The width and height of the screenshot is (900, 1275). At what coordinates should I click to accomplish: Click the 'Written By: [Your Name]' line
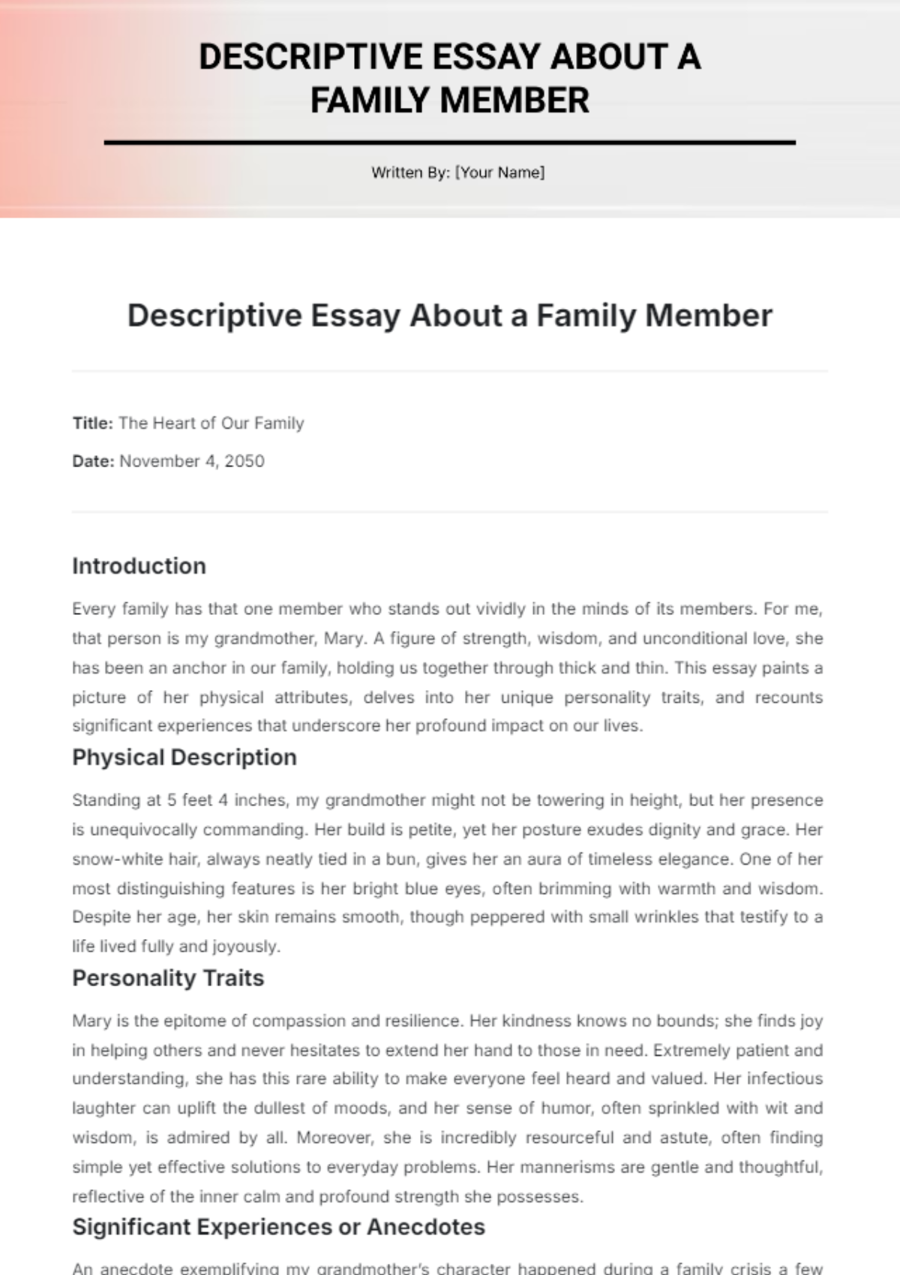pos(457,172)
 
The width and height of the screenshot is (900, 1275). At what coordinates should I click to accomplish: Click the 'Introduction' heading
pos(139,566)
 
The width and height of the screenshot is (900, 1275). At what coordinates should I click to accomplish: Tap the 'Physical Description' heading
pos(184,757)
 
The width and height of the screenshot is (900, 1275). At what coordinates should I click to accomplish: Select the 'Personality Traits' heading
pos(168,978)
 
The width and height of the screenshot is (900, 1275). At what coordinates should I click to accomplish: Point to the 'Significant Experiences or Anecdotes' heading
pos(278,1227)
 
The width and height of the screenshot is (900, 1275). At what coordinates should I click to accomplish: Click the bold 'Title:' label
pos(92,424)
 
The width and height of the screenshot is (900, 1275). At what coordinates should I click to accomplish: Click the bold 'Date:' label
pos(93,461)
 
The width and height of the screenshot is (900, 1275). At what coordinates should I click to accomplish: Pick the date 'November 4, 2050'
pos(192,461)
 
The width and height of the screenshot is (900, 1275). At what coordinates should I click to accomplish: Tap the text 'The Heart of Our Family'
pos(211,424)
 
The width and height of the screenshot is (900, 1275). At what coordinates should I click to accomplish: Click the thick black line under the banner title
pos(450,142)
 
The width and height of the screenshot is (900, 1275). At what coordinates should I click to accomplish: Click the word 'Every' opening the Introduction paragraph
pos(92,609)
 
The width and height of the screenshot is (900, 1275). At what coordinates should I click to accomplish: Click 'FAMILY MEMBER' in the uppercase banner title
pos(450,100)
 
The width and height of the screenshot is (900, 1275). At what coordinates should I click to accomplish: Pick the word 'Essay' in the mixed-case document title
pos(355,316)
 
